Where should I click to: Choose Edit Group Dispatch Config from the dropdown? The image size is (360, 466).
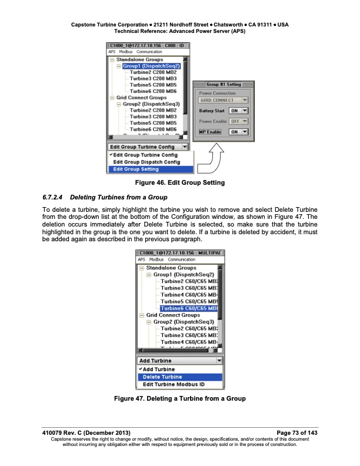coord(146,162)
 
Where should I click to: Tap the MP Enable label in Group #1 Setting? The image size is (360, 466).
coord(210,132)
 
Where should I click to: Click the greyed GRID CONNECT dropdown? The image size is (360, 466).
coord(224,100)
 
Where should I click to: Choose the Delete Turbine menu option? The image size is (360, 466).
coord(160,377)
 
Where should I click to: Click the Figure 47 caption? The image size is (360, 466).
coord(179,400)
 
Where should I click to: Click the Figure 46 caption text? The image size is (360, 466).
coord(179,183)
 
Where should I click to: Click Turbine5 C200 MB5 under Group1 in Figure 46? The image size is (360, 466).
coord(153,85)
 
